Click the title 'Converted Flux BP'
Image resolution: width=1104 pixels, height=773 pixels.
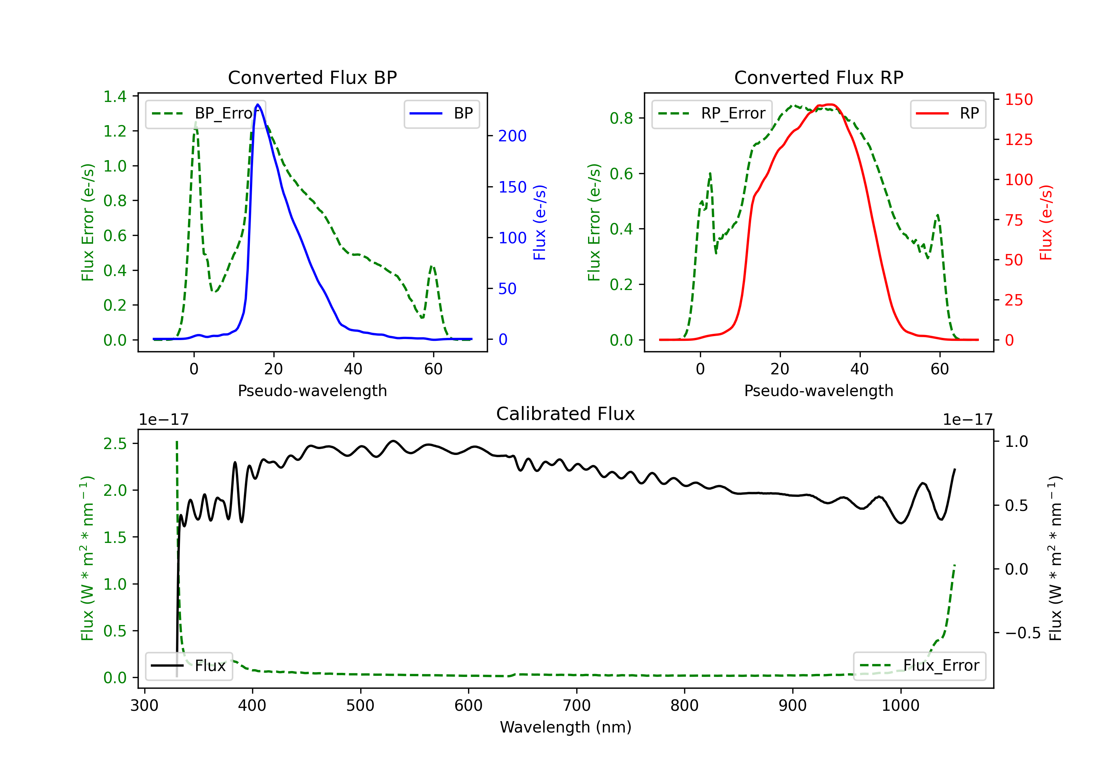(x=312, y=77)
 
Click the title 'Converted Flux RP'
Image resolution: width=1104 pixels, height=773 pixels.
(x=818, y=77)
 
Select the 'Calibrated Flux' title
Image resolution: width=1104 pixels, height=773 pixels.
(x=566, y=414)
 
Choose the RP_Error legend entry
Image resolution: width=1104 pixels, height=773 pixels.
(x=712, y=113)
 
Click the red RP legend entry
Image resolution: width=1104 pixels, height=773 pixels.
(x=948, y=113)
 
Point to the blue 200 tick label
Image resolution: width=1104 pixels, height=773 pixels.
(x=512, y=136)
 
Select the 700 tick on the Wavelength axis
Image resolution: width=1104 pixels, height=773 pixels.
(x=577, y=705)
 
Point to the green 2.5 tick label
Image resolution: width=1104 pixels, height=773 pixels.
(x=115, y=444)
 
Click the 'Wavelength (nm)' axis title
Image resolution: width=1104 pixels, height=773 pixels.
(x=566, y=727)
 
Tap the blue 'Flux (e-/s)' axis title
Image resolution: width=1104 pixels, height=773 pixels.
(x=539, y=222)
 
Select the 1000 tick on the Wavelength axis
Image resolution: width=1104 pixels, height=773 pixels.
(x=900, y=705)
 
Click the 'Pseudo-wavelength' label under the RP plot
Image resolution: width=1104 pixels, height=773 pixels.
(x=818, y=391)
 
